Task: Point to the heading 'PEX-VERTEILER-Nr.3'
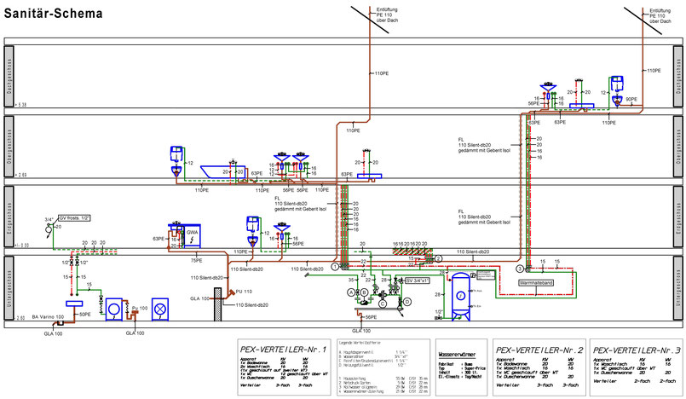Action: click(637, 350)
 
